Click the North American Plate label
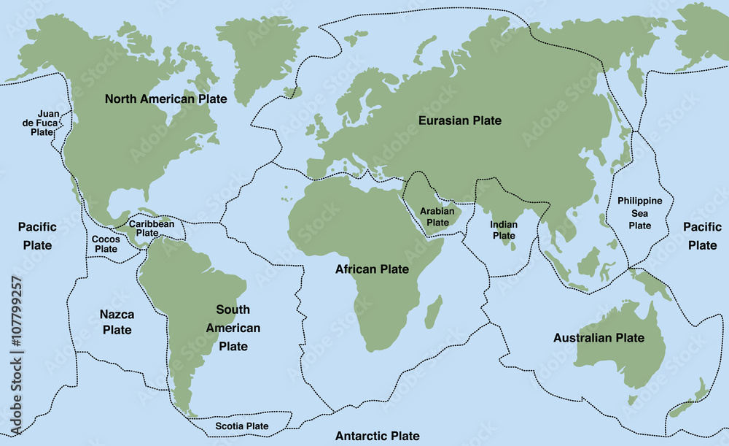165,99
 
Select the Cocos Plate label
106,244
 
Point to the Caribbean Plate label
152,228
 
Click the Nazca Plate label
117,322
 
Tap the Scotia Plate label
241,426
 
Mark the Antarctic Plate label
377,436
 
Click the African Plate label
372,269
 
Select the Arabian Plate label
437,217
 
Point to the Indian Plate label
504,230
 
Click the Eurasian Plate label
460,120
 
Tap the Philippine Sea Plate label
639,212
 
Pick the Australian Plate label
599,338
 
